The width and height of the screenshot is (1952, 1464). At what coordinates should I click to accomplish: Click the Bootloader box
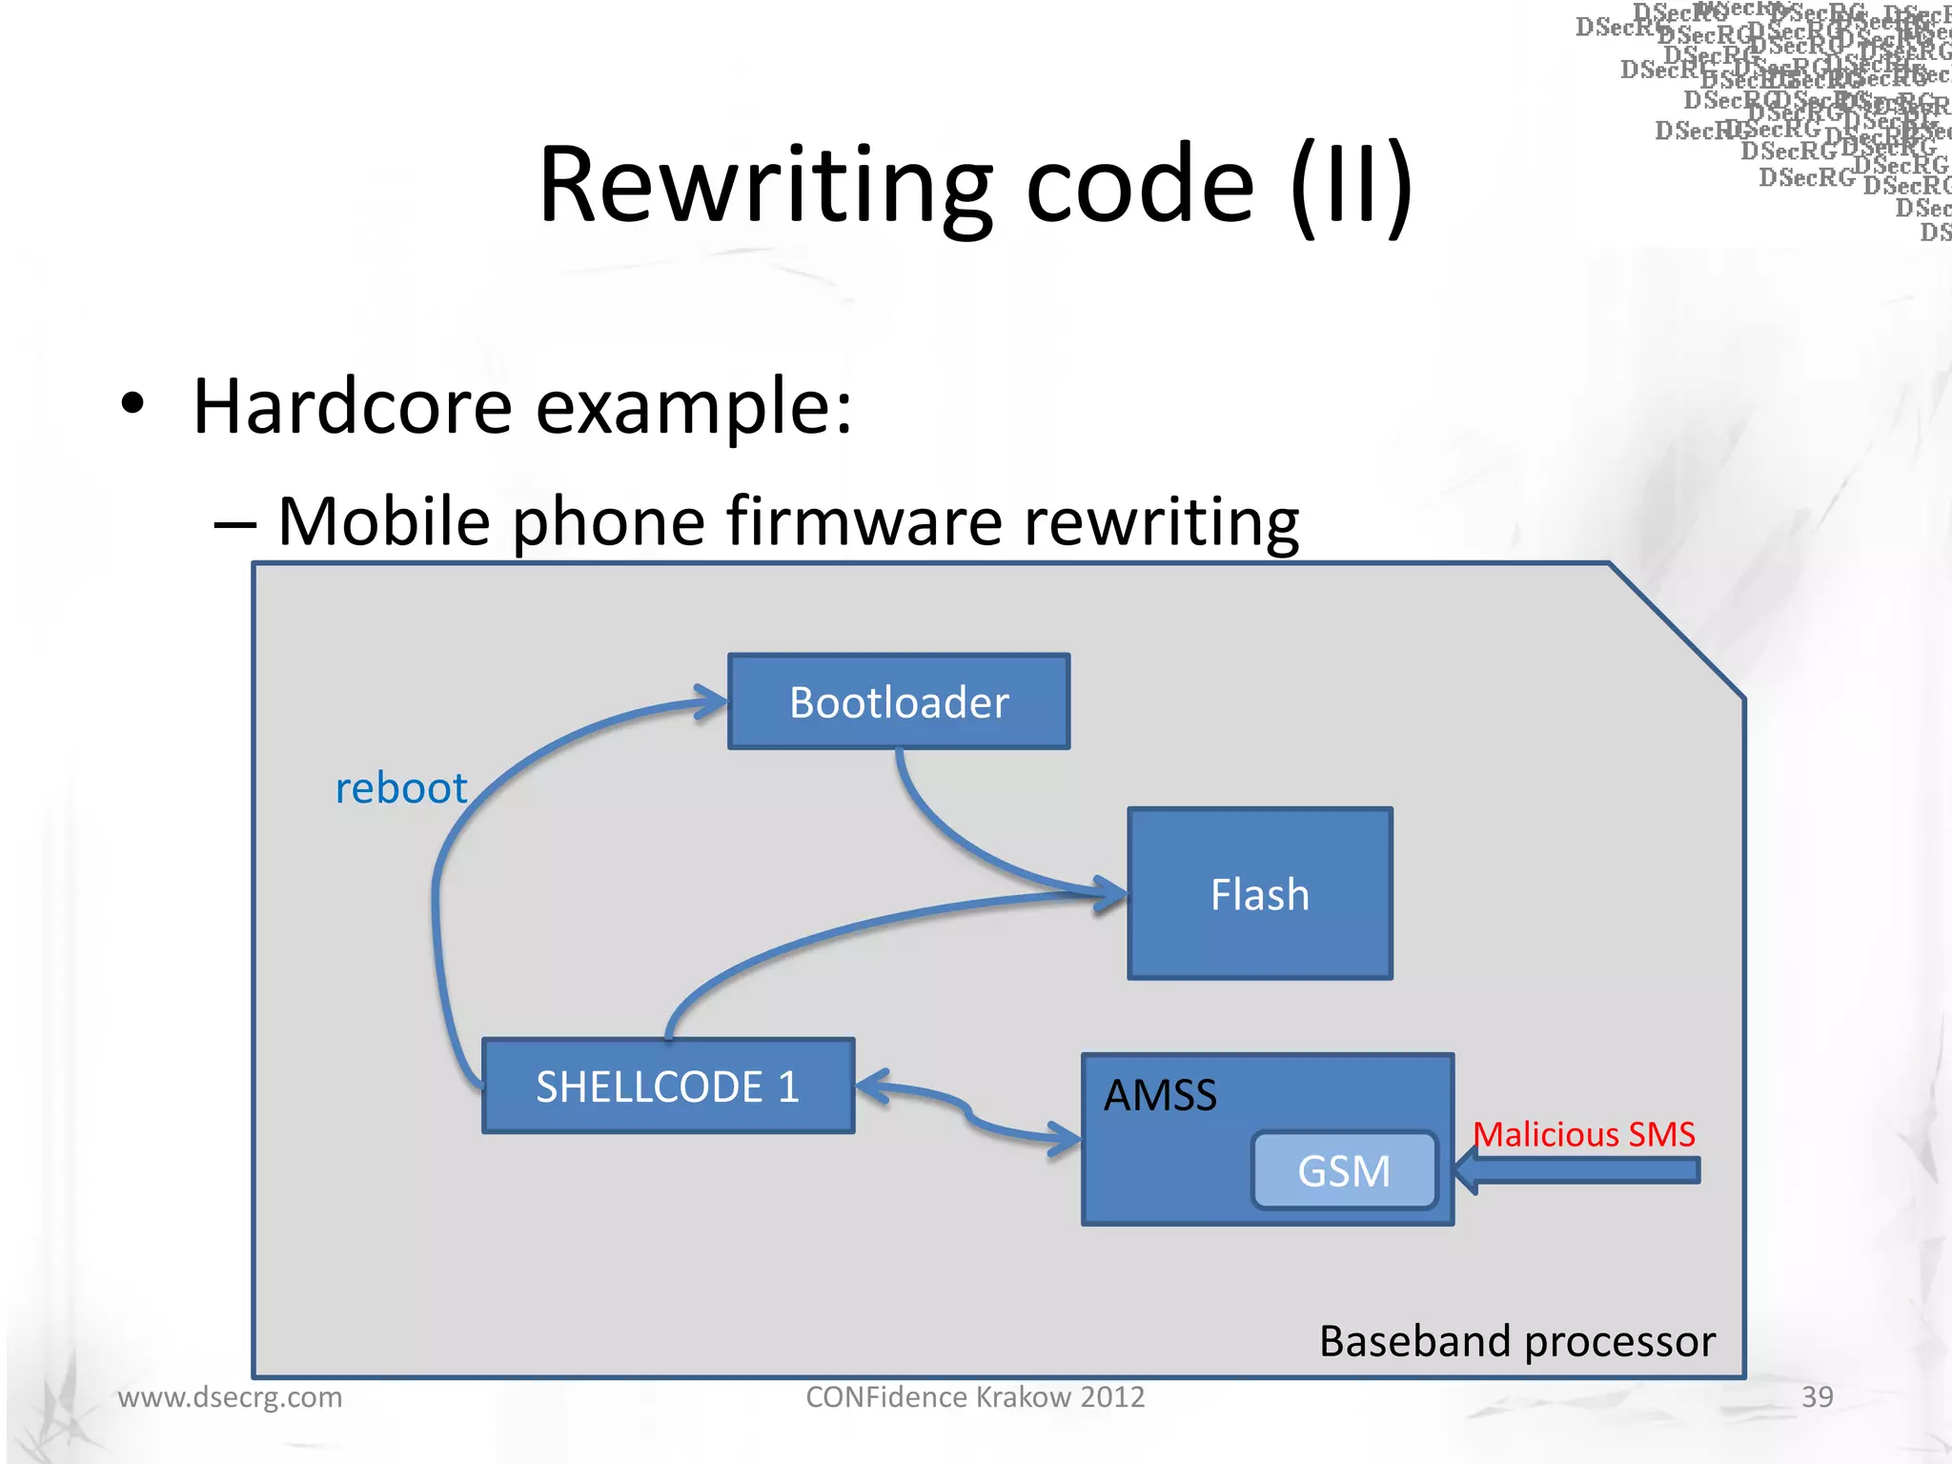click(x=899, y=701)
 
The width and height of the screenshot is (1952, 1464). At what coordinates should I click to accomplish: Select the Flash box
click(x=1259, y=894)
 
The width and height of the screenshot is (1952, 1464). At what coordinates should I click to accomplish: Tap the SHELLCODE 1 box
click(x=667, y=1087)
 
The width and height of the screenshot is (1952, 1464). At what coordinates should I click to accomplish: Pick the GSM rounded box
click(x=1344, y=1170)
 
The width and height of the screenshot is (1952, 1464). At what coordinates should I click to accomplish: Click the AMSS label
click(x=1160, y=1095)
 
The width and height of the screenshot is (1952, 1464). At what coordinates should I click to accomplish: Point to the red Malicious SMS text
click(x=1584, y=1134)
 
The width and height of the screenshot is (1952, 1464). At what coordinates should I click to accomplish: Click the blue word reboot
click(x=401, y=788)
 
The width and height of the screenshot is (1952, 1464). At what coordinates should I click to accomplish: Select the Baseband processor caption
click(x=1517, y=1341)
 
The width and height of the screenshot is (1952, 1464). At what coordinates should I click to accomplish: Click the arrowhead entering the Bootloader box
click(x=711, y=702)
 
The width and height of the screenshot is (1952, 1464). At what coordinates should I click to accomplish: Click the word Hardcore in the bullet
click(x=353, y=407)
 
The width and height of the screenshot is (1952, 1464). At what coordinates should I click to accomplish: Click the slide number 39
click(x=1817, y=1396)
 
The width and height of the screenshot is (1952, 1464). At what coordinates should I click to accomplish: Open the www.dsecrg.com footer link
click(x=230, y=1397)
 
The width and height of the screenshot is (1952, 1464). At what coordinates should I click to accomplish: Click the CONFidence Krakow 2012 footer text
click(x=975, y=1397)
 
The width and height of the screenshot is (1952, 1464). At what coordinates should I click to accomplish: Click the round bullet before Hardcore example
click(x=133, y=404)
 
